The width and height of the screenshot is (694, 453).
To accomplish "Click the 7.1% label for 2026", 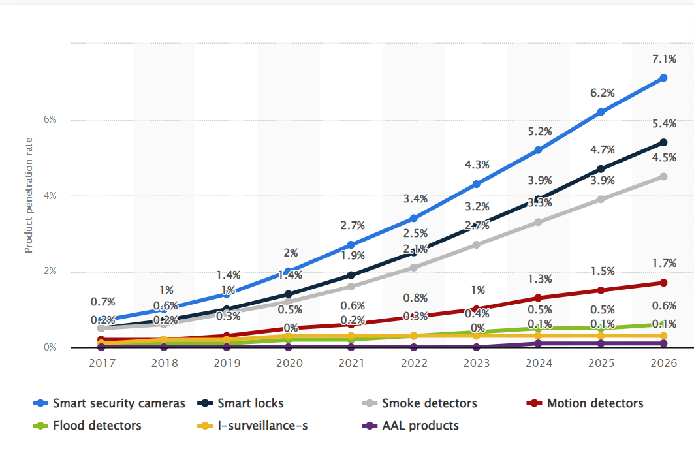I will coord(663,59).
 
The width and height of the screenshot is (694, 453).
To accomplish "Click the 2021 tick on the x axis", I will coord(351,362).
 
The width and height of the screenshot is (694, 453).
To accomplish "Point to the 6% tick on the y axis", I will coord(50,119).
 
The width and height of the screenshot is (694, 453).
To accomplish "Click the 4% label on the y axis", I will coord(50,196).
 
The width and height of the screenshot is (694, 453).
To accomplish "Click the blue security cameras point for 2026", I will coord(663,78).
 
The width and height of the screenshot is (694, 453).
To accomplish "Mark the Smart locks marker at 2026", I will coord(663,142).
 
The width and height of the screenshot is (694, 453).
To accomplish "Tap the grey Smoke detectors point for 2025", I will coord(601,199).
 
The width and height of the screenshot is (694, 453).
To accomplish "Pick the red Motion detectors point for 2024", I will coord(538,298).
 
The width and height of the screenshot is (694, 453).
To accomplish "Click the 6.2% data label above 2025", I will coord(602,93).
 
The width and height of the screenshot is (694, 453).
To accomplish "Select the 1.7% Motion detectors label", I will coord(663,264).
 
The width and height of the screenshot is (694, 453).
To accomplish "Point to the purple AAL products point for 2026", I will coord(663,343).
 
